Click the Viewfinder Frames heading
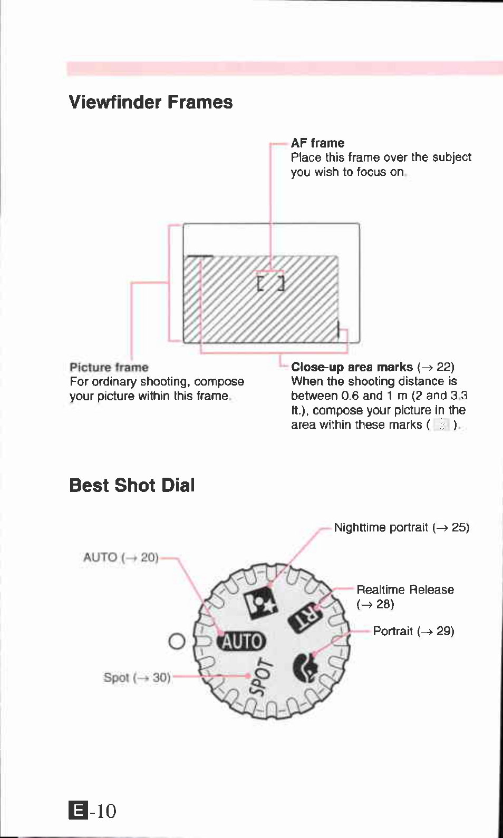pos(151,102)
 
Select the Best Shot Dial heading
pos(132,485)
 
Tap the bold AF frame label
pos(317,143)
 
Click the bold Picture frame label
pos(109,367)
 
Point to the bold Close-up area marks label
pos(352,367)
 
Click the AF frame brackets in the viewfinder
pos(270,283)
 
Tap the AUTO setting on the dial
pos(242,641)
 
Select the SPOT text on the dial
pos(262,677)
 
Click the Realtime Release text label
pos(405,590)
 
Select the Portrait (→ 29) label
pos(413,631)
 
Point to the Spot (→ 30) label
pos(137,677)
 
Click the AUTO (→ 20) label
pos(121,557)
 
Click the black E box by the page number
pos(78,810)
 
